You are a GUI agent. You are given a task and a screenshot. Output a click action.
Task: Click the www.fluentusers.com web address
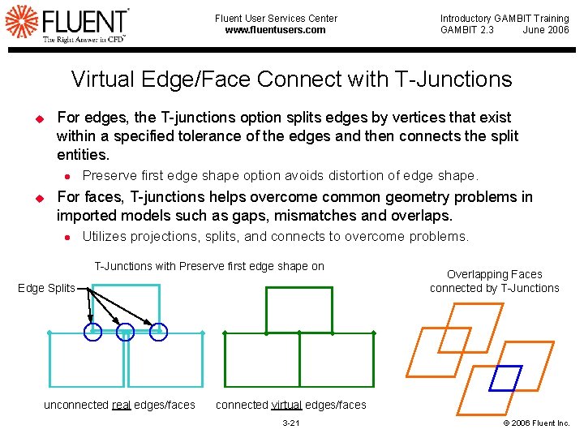pyautogui.click(x=275, y=30)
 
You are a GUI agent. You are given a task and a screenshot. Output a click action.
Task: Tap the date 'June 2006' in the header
pyautogui.click(x=546, y=30)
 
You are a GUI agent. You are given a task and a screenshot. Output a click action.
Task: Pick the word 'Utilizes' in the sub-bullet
pyautogui.click(x=103, y=237)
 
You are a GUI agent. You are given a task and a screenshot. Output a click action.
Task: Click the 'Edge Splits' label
pyautogui.click(x=46, y=288)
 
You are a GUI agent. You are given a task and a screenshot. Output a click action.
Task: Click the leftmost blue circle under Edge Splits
pyautogui.click(x=92, y=331)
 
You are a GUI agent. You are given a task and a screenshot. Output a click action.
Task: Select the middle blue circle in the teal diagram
pyautogui.click(x=125, y=332)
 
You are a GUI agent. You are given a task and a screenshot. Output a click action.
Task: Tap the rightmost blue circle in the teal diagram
pyautogui.click(x=159, y=331)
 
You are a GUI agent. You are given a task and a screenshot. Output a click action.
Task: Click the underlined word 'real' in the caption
pyautogui.click(x=121, y=405)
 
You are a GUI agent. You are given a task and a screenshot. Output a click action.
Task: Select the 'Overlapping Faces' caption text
pyautogui.click(x=494, y=274)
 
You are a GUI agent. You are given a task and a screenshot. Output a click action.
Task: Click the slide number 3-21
pyautogui.click(x=290, y=423)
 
